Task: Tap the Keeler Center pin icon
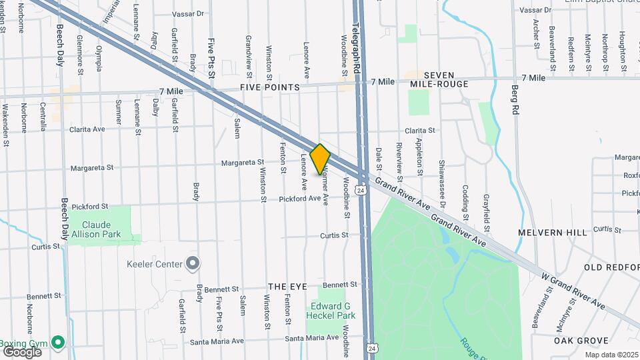pyautogui.click(x=193, y=264)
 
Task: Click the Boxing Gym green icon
pyautogui.click(x=58, y=343)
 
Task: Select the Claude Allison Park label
pyautogui.click(x=101, y=230)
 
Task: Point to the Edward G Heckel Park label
pyautogui.click(x=331, y=311)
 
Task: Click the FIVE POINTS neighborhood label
pyautogui.click(x=270, y=87)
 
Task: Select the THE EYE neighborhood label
pyautogui.click(x=287, y=286)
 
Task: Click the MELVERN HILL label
pyautogui.click(x=553, y=233)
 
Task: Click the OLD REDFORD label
pyautogui.click(x=611, y=267)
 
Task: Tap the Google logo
pyautogui.click(x=21, y=351)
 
